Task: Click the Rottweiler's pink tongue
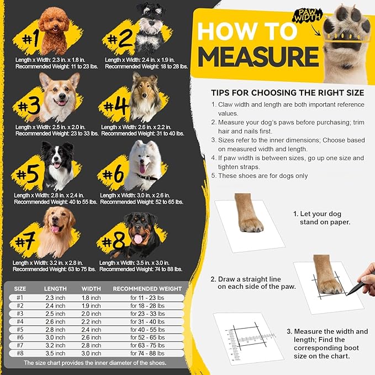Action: click(138, 239)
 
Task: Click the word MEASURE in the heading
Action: click(257, 56)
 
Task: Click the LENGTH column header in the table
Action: click(55, 288)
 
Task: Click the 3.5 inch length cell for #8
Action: click(55, 353)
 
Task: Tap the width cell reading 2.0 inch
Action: click(91, 313)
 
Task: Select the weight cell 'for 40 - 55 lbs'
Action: click(147, 329)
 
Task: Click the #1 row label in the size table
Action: click(20, 298)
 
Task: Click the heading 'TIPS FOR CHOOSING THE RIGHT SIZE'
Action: click(287, 92)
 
